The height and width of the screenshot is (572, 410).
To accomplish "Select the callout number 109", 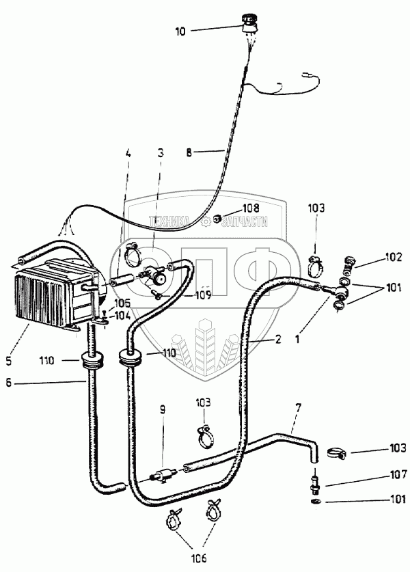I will (202, 295).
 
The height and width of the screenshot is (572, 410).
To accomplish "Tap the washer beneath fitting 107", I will (314, 502).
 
